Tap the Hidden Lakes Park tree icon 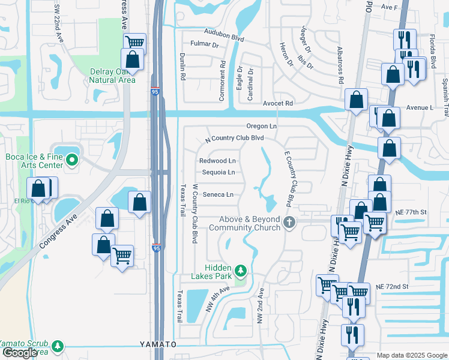coord(241,271)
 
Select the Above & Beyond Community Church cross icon coord(289,223)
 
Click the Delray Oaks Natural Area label coord(113,76)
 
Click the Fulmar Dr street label coord(204,44)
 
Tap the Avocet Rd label coord(277,103)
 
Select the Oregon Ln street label coord(261,126)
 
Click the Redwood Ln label coord(217,161)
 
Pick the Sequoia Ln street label coord(218,172)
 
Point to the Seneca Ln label coord(217,194)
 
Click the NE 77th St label coord(410,212)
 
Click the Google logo coord(19,353)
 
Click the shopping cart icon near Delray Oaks coord(135,43)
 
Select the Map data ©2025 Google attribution coord(412,355)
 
